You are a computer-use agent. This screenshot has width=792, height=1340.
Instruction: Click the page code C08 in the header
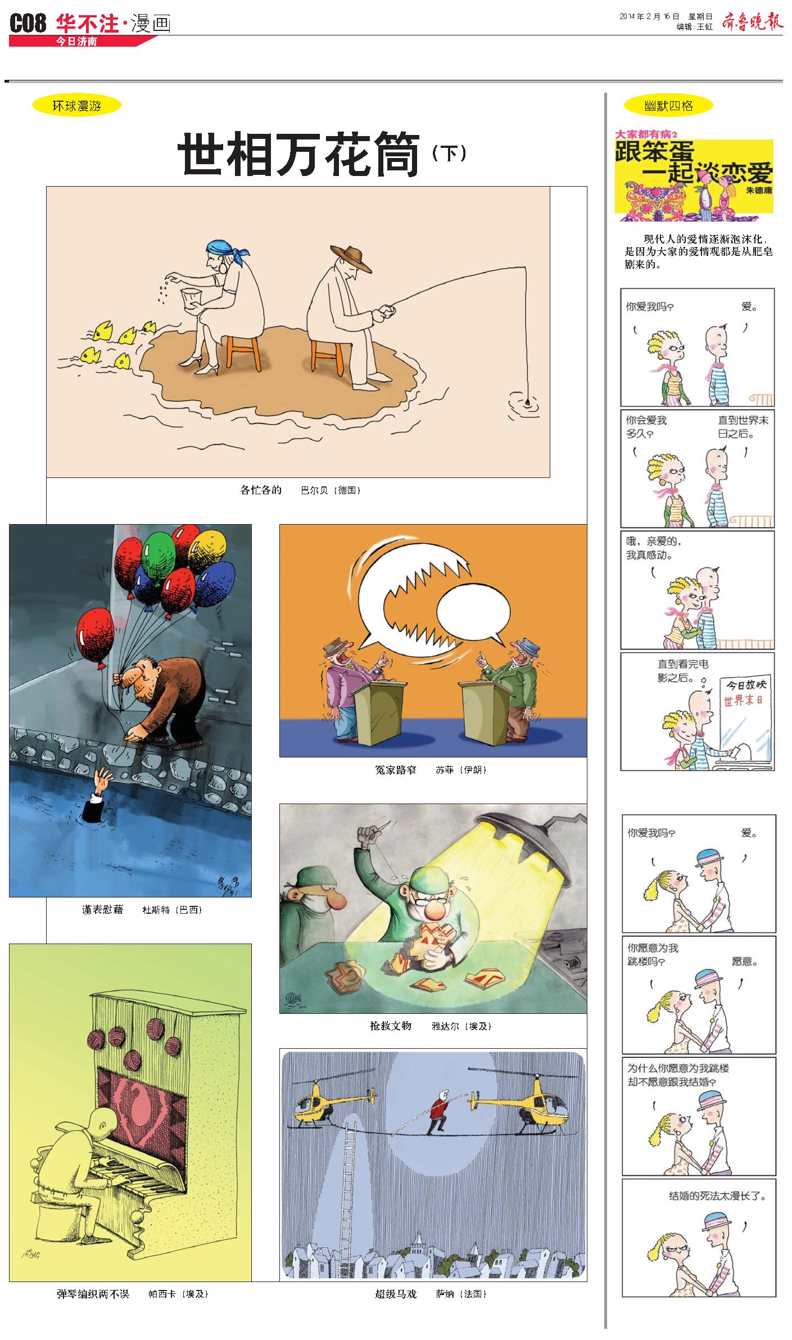(x=28, y=24)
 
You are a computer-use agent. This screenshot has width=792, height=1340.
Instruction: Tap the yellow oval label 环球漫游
(x=77, y=106)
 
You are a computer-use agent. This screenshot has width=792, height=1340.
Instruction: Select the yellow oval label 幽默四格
(x=668, y=106)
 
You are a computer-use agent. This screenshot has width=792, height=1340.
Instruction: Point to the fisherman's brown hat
(x=351, y=257)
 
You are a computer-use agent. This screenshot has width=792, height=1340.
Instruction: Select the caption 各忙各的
(x=261, y=490)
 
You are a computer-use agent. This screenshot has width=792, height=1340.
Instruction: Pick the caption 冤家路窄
(x=396, y=770)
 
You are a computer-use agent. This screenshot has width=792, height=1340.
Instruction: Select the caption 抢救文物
(x=391, y=1026)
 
